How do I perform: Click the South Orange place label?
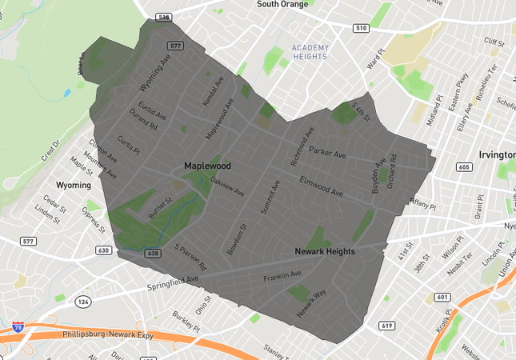pyautogui.click(x=282, y=5)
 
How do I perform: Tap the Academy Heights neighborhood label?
pyautogui.click(x=310, y=52)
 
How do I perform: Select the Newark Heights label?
pyautogui.click(x=325, y=251)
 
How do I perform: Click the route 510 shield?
pyautogui.click(x=362, y=28)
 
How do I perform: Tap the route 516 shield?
pyautogui.click(x=164, y=17)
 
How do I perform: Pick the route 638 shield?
pyautogui.click(x=154, y=253)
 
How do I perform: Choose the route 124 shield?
pyautogui.click(x=83, y=302)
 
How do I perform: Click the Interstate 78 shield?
pyautogui.click(x=18, y=326)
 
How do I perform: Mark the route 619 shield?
pyautogui.click(x=387, y=326)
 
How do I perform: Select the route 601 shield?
pyautogui.click(x=442, y=297)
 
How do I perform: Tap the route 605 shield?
pyautogui.click(x=464, y=167)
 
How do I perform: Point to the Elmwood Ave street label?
pyautogui.click(x=321, y=187)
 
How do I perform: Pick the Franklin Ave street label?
pyautogui.click(x=282, y=276)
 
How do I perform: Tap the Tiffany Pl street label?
pyautogui.click(x=423, y=203)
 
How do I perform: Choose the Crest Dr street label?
pyautogui.click(x=50, y=150)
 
